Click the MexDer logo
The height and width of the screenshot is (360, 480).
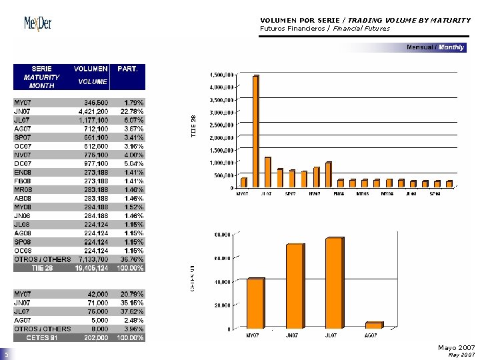(x=38, y=24)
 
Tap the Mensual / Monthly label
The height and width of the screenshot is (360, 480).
(x=436, y=47)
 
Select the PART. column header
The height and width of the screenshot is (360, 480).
(x=127, y=69)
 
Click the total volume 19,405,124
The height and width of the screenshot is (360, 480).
(x=90, y=268)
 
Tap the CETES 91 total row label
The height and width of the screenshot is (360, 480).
(x=43, y=338)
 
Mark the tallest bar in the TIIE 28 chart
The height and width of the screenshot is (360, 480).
(x=255, y=131)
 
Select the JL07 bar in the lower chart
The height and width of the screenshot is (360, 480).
(x=334, y=283)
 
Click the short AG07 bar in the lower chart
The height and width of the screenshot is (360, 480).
(x=373, y=325)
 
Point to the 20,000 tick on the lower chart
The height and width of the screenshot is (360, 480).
(x=222, y=305)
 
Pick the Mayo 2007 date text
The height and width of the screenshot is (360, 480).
(x=456, y=348)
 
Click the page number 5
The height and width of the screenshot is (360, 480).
(x=5, y=354)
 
